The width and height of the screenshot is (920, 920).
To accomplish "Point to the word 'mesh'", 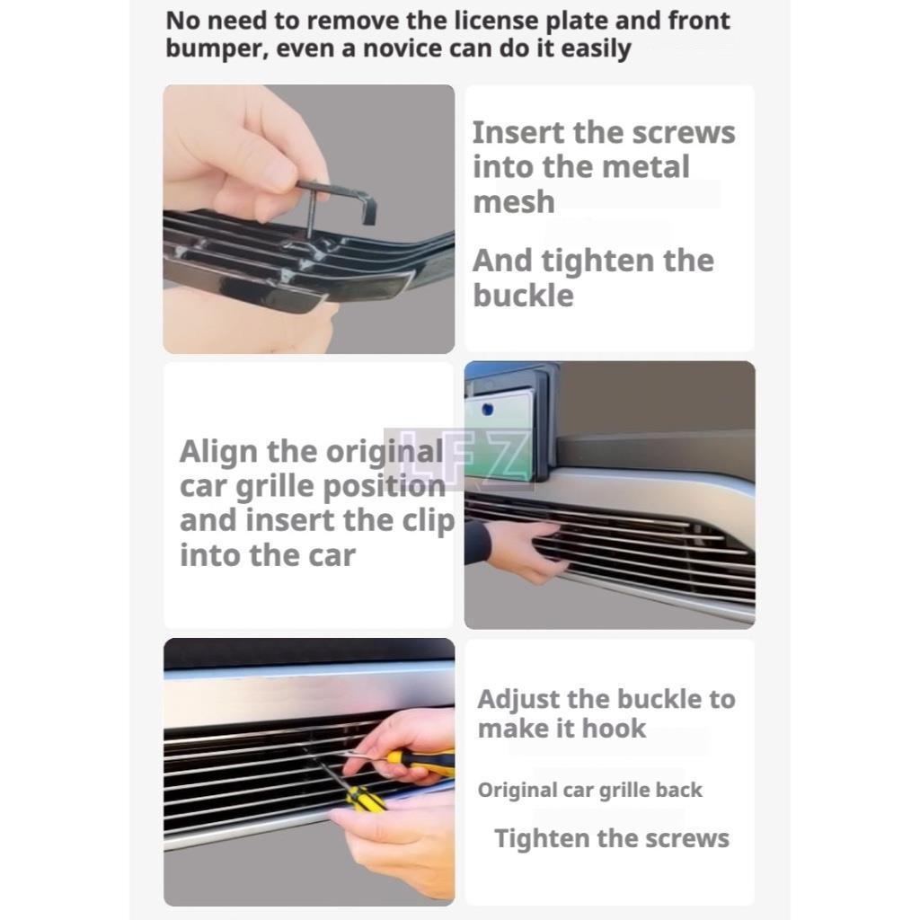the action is click(513, 202).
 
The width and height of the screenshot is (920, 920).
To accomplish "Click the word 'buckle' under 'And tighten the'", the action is click(523, 295).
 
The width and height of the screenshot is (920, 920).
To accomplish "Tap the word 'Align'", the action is click(219, 453).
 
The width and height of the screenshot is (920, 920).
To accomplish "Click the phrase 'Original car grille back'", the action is click(589, 791).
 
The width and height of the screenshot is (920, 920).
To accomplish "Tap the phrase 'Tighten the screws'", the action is click(611, 838).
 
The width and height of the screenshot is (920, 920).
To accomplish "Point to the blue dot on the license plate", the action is click(486, 409).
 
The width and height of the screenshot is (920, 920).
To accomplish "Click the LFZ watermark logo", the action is click(459, 459).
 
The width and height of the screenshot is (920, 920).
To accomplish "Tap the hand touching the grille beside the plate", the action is click(525, 549).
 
